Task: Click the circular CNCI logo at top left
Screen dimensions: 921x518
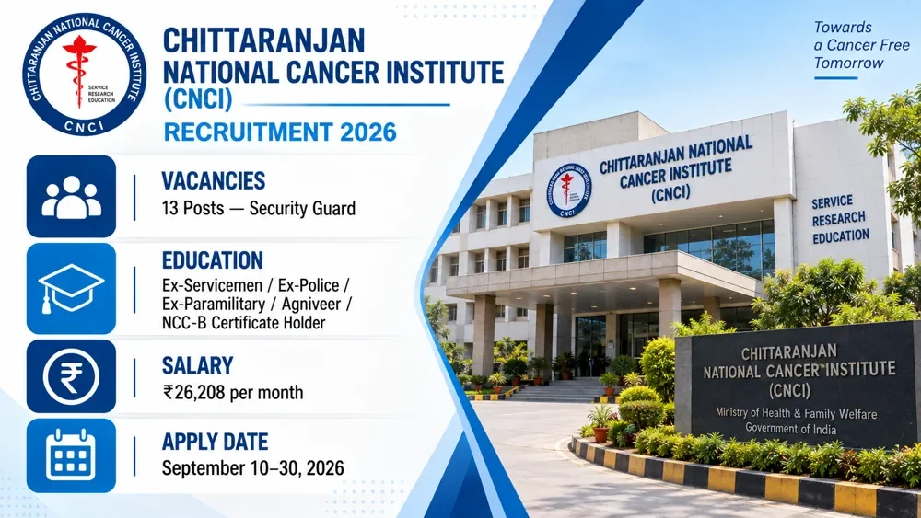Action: (x=84, y=74)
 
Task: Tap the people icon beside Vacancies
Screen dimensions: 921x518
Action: (x=71, y=197)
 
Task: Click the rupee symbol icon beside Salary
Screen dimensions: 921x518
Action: (x=71, y=376)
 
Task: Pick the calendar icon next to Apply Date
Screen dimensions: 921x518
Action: (x=71, y=455)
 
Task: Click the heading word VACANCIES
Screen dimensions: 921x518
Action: (x=214, y=180)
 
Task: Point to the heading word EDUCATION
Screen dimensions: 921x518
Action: (x=213, y=260)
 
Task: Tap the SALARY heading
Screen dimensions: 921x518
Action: (x=197, y=365)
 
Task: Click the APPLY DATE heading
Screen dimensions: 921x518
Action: (x=215, y=442)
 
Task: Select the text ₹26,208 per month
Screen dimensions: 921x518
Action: (x=233, y=393)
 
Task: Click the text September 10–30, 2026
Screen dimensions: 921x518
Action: (x=252, y=468)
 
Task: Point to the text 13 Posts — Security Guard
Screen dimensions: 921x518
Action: (x=259, y=209)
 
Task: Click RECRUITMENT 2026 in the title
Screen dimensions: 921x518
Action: (x=280, y=132)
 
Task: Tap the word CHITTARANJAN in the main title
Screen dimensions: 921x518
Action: (x=263, y=41)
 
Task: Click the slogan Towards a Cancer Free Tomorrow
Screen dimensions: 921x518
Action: (x=861, y=45)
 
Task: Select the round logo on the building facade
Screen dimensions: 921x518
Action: (x=568, y=190)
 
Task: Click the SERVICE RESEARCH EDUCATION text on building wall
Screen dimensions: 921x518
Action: (x=840, y=219)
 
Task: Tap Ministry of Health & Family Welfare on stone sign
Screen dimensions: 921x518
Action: (x=796, y=413)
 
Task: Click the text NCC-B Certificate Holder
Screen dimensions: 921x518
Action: (x=243, y=323)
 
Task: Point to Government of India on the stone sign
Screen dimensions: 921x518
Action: (x=790, y=428)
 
